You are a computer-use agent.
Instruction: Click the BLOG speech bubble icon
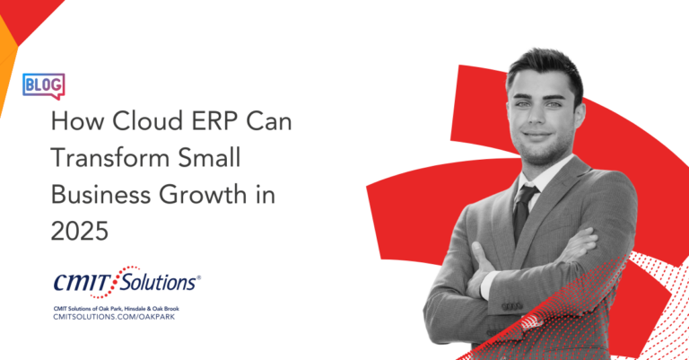43,85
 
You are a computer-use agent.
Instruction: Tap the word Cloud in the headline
141,121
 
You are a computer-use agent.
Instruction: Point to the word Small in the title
209,157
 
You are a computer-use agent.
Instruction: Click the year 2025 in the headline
80,231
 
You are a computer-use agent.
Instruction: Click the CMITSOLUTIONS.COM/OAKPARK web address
114,317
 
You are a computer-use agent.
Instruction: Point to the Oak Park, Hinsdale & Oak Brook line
116,309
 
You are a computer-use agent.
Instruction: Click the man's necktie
524,212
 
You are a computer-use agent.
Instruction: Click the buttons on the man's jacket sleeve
512,306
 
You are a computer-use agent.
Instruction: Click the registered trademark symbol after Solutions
198,277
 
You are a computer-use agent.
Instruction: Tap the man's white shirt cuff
486,285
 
